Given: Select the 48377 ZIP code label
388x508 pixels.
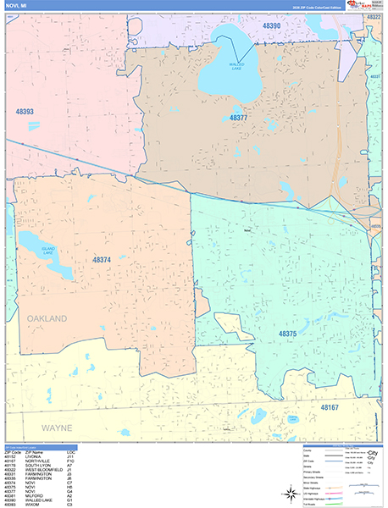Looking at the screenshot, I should [x=238, y=119].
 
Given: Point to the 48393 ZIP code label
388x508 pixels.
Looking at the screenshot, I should [x=25, y=111].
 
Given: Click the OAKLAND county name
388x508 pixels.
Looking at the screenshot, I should [x=47, y=318].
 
